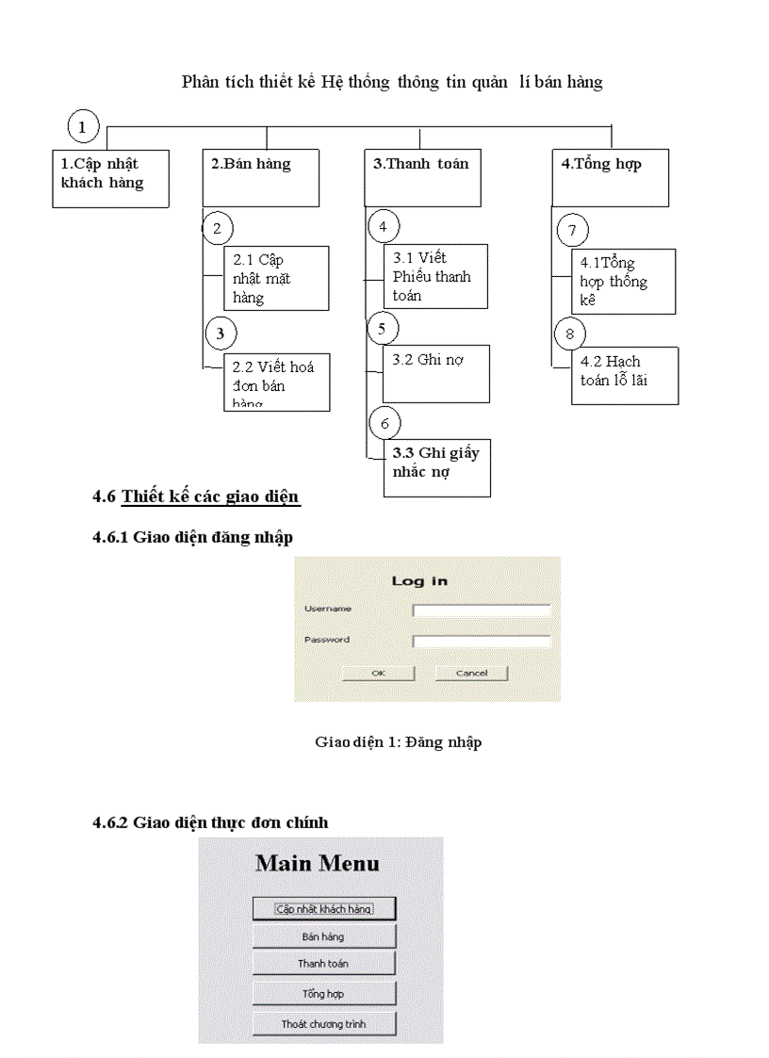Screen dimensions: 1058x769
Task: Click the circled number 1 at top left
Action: [x=84, y=126]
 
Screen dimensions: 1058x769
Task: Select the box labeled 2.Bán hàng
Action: [x=261, y=177]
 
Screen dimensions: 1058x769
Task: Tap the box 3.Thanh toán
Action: [x=423, y=177]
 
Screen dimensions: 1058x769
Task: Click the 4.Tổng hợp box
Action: [x=610, y=177]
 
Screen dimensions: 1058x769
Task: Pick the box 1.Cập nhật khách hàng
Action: [x=109, y=177]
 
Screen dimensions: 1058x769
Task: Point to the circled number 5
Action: [x=382, y=329]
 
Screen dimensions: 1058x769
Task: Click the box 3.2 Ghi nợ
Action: [x=435, y=374]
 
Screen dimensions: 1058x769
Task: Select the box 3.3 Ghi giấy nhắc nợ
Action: [x=437, y=467]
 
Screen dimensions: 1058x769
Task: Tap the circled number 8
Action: [x=569, y=334]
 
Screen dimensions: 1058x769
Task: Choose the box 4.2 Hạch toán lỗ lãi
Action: [x=624, y=375]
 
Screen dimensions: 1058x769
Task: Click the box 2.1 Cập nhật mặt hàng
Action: [x=276, y=278]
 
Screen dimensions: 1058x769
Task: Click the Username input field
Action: [x=482, y=610]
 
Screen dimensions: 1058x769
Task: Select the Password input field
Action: [x=482, y=642]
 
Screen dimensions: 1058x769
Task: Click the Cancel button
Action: [x=471, y=673]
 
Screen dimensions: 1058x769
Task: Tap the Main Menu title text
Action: [x=318, y=863]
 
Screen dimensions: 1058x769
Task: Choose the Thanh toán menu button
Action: [x=323, y=963]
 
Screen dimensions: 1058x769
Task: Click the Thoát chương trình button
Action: [x=323, y=1023]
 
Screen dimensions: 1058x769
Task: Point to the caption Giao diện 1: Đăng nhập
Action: [x=398, y=742]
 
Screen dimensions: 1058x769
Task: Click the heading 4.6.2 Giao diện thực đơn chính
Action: [x=210, y=822]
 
